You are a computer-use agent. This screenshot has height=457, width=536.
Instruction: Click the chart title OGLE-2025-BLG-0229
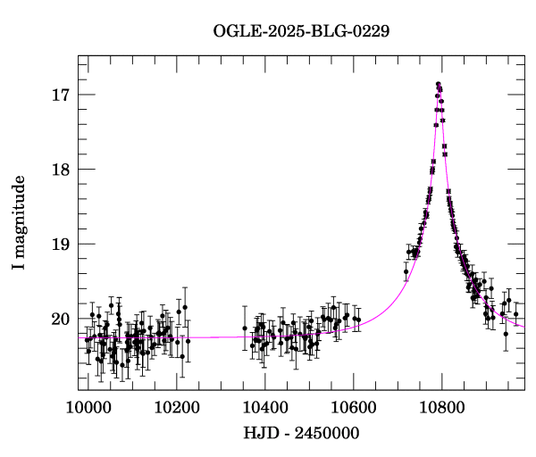[x=301, y=31]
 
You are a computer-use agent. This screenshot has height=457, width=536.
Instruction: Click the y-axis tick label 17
[x=62, y=95]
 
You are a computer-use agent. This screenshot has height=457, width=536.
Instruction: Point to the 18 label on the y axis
[x=62, y=170]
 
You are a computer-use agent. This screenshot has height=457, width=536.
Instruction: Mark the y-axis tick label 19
[x=62, y=245]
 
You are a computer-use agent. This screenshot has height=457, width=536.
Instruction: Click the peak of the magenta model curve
[x=439, y=87]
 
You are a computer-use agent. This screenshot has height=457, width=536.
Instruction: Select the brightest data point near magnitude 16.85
[x=439, y=84]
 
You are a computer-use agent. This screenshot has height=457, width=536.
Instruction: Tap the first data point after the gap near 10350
[x=245, y=328]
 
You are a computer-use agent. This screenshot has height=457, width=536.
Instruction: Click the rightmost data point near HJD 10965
[x=515, y=314]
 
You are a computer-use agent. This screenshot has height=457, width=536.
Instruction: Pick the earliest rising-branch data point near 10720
[x=406, y=271]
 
